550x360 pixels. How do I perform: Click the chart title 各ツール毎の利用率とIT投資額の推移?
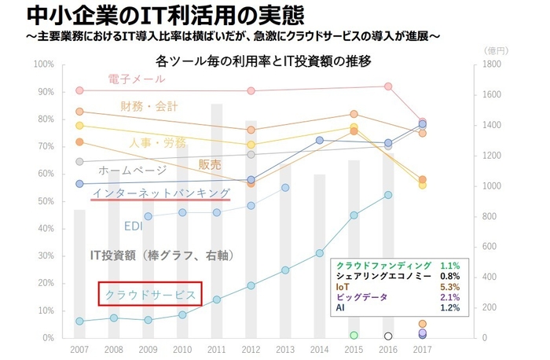pos(263,61)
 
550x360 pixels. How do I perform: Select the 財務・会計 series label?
pos(149,106)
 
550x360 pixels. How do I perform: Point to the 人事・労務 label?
pos(158,143)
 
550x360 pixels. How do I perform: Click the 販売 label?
pos(210,165)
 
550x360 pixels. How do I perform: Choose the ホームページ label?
pos(132,169)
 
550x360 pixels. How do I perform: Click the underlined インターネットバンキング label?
pos(161,193)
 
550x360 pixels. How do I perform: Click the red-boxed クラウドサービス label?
pos(150,294)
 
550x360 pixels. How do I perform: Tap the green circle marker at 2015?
pos(354,336)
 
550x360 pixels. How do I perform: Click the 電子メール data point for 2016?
pos(387,86)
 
